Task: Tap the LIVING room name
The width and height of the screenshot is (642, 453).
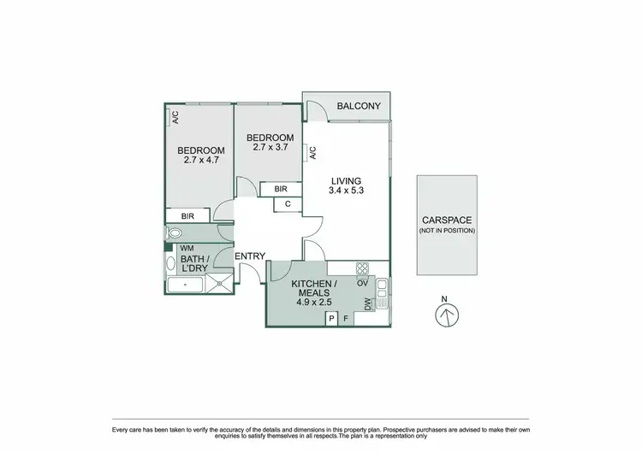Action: [x=347, y=181]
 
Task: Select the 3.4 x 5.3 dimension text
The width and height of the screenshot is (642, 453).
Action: [x=347, y=191]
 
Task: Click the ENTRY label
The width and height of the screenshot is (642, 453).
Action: [x=249, y=256]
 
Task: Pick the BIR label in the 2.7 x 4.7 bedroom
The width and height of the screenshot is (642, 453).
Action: [x=187, y=217]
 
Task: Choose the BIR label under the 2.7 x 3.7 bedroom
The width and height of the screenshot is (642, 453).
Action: [x=280, y=190]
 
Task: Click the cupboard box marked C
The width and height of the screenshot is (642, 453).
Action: [x=288, y=204]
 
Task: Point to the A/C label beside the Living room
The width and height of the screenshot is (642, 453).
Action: [x=313, y=154]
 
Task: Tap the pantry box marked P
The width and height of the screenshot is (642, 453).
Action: [x=331, y=319]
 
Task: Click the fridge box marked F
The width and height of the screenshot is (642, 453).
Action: [x=345, y=319]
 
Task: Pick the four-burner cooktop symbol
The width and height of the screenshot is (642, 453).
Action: [x=362, y=268]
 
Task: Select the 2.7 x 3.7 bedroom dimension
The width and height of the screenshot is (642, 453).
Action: [x=270, y=147]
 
